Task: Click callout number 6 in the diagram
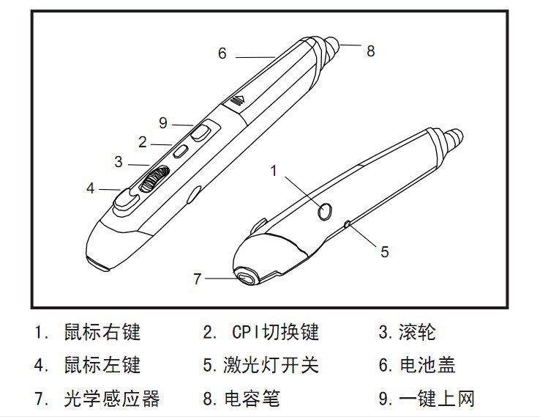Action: pos(222,53)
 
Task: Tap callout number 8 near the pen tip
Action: pos(371,51)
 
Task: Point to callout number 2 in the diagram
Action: pos(143,141)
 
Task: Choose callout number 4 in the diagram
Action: pos(91,188)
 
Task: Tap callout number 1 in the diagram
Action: pos(274,171)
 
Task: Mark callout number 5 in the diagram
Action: pos(384,251)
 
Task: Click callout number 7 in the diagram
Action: pos(196,278)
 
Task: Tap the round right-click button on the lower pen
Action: pos(325,211)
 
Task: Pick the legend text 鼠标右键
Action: pos(102,333)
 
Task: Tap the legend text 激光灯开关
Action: pos(270,365)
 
